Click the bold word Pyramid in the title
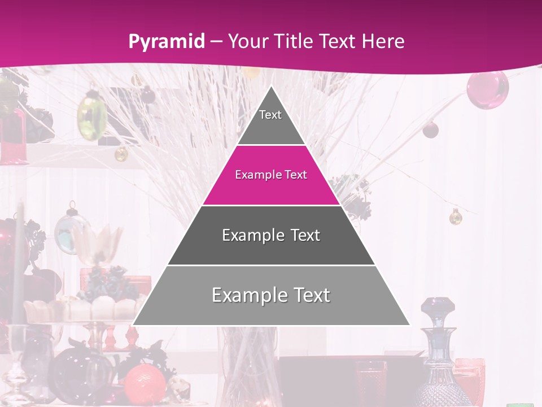coord(167,42)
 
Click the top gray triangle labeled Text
coord(271,127)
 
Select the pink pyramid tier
coord(271,189)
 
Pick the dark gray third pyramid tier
coord(271,249)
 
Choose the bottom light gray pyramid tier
coord(271,308)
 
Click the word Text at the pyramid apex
coord(270,115)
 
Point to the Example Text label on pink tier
coord(271,175)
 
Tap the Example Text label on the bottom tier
coord(271,295)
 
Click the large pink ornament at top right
coord(487,89)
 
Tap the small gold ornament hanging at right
coord(456,216)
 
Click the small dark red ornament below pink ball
coord(431,129)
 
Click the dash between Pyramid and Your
coord(217,42)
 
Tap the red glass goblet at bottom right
coord(470,379)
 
